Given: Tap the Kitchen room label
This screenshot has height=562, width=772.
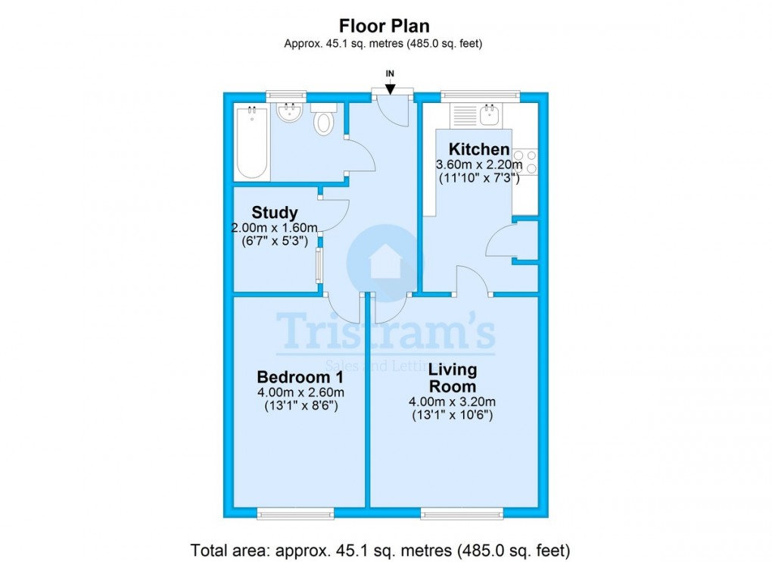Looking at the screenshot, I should click(479, 148).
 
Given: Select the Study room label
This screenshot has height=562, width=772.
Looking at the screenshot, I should click(274, 212).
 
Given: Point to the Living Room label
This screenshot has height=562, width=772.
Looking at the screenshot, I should click(453, 377).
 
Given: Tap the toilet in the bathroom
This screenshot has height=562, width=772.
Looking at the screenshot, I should click(324, 120).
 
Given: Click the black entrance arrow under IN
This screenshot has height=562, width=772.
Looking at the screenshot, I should click(390, 89).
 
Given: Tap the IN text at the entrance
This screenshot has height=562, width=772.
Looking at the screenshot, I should click(390, 73).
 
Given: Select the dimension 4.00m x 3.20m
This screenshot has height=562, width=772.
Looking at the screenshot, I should click(453, 402).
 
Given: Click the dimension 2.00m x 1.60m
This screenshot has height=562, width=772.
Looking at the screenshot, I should click(275, 227).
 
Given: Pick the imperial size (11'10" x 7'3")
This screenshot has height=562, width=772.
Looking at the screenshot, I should click(479, 179).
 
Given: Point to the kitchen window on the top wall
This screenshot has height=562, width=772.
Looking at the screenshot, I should click(481, 96).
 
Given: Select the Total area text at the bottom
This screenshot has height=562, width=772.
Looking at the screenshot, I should click(380, 549).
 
